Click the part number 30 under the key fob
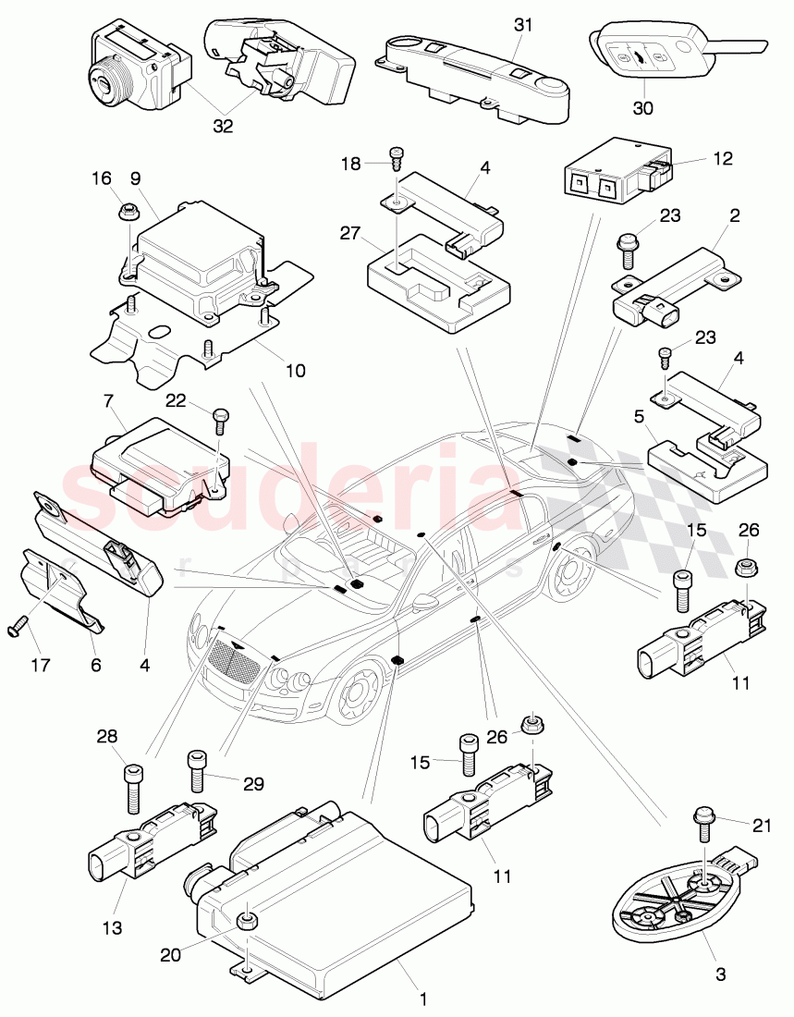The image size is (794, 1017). pyautogui.click(x=642, y=108)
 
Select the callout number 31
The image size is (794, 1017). pyautogui.click(x=523, y=27)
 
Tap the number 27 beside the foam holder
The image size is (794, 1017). pyautogui.click(x=348, y=234)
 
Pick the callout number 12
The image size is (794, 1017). pyautogui.click(x=723, y=158)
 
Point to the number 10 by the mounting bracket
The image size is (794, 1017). pyautogui.click(x=294, y=371)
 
